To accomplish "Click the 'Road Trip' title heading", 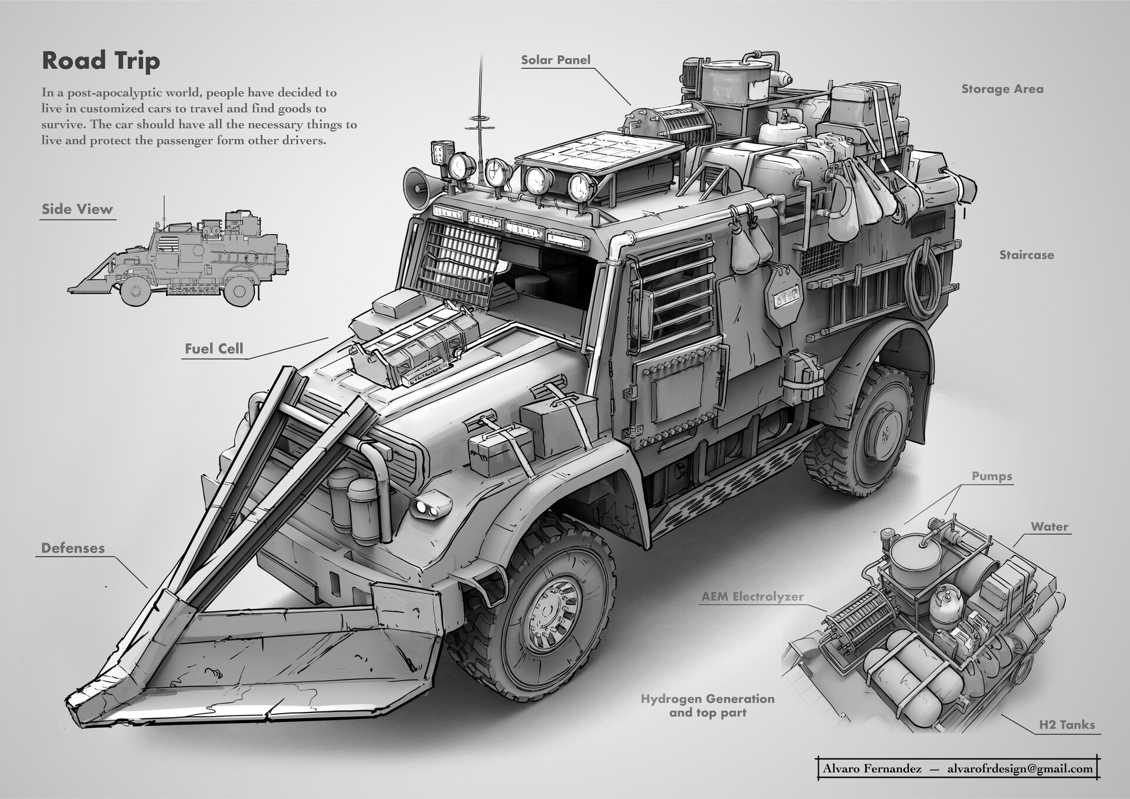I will pos(101,61).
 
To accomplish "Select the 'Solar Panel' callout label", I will pos(556,60).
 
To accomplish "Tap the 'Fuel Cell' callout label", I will pos(214,348).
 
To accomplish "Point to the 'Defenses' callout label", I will pos(73,548).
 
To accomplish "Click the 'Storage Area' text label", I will pos(1002,89).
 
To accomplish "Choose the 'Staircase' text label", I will pos(1026,255).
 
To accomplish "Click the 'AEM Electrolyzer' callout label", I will pos(752,597).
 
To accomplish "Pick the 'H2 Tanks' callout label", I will pos(1066,725).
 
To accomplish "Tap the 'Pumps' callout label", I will pos(992,476).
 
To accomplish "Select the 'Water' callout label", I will pos(1049,527).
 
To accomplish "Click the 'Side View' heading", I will pos(77,209).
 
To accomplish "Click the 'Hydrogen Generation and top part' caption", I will pos(707,705).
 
